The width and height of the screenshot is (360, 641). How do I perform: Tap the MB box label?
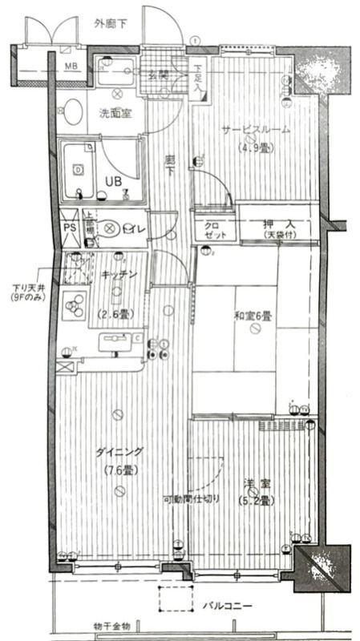71,66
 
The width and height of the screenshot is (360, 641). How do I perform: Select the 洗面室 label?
115,114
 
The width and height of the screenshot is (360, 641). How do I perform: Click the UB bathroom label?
113,180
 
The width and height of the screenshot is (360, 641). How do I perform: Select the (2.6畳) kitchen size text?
113,313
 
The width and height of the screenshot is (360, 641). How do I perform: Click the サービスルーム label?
256,131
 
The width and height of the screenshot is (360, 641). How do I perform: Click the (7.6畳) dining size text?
119,470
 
